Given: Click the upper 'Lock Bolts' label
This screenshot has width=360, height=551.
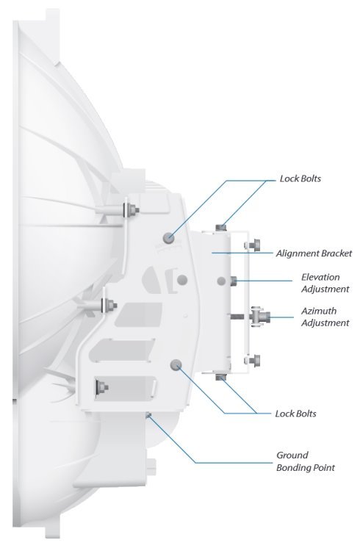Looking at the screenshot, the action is (x=300, y=179).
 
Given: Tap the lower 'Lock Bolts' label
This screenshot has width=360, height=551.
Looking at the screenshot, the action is (x=295, y=414).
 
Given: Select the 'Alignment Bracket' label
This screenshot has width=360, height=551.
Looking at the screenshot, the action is (x=314, y=253).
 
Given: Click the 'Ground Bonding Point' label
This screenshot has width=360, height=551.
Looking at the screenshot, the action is (x=306, y=461).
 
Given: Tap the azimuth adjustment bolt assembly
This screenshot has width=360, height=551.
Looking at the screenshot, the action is (x=259, y=317).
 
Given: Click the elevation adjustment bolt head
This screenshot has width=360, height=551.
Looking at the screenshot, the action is (x=234, y=281).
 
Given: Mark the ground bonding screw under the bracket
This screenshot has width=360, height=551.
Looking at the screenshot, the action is (x=148, y=415).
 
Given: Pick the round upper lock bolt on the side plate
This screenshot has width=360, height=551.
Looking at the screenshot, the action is (x=169, y=238).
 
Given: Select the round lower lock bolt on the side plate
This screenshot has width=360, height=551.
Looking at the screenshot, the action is (x=176, y=364).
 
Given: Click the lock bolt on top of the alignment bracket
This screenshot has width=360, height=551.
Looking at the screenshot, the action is (x=221, y=227).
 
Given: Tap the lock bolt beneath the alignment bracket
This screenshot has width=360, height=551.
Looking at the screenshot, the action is (x=221, y=378).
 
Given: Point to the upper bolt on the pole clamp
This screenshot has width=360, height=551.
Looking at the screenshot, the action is (x=253, y=245).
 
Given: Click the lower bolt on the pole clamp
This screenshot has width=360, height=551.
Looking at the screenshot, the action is (x=253, y=361).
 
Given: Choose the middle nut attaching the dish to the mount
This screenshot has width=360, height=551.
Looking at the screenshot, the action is (x=109, y=305).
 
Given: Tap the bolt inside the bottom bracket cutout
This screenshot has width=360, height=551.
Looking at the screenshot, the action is (x=101, y=387).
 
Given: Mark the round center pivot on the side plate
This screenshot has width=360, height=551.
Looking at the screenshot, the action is (x=182, y=280).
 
